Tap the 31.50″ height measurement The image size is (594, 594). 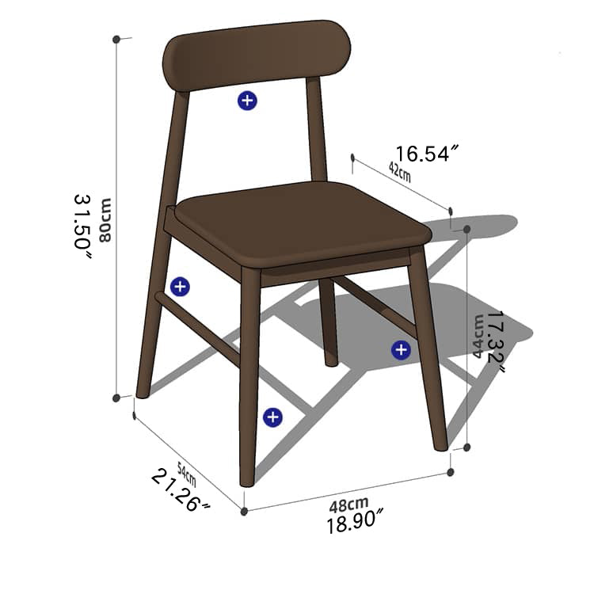(83, 221)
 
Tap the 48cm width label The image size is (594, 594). (349, 504)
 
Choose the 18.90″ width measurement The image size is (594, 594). (356, 523)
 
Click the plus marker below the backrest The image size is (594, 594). (248, 100)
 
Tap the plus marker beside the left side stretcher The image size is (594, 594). (180, 287)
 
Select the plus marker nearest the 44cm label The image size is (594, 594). (401, 349)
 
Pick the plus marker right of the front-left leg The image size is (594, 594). (272, 417)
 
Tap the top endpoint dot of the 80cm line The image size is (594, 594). (116, 38)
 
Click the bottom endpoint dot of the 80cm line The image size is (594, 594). (116, 398)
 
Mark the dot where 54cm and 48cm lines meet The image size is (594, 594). (244, 512)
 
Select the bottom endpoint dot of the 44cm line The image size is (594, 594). (467, 447)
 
